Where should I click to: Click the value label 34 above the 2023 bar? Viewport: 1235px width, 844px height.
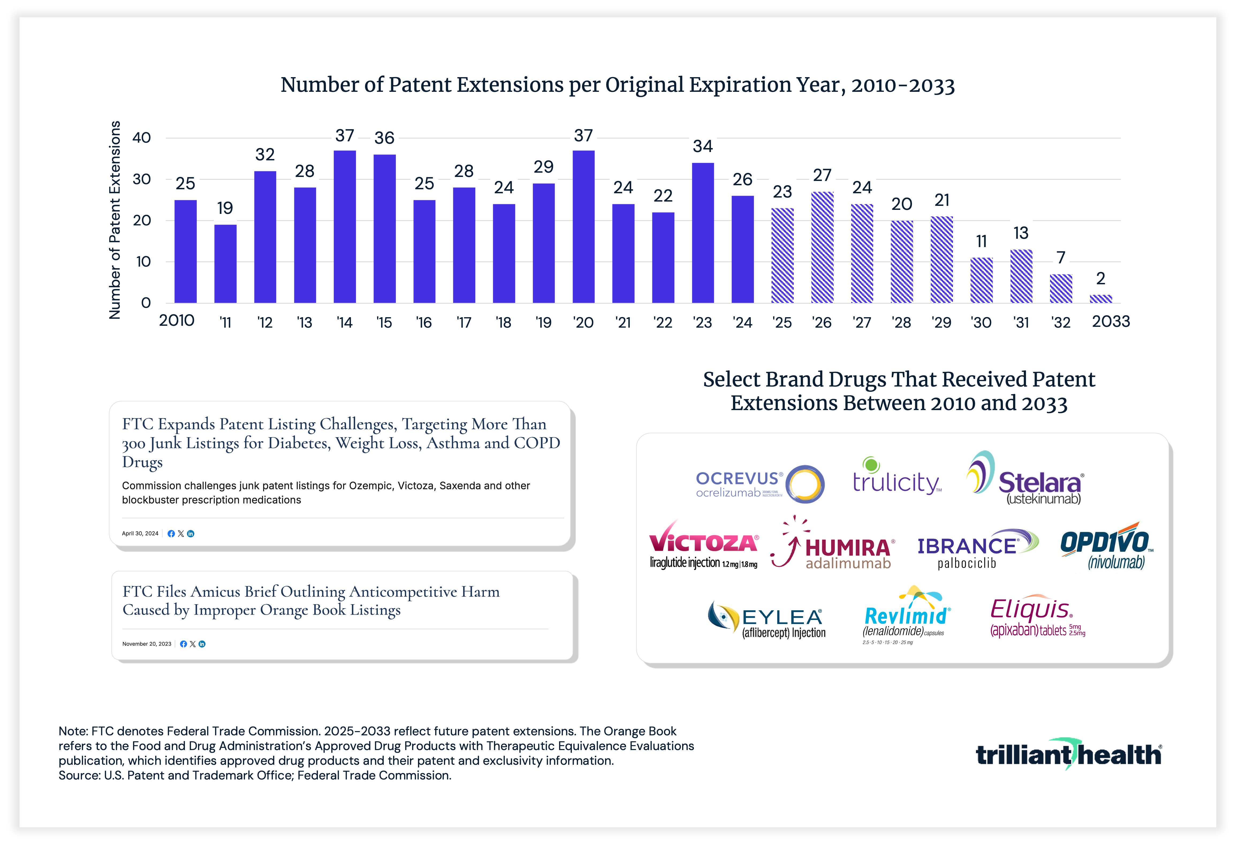click(702, 146)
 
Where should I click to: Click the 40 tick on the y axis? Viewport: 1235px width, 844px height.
click(141, 138)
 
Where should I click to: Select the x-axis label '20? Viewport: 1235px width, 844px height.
click(583, 323)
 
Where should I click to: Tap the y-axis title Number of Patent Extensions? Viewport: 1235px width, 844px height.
click(115, 220)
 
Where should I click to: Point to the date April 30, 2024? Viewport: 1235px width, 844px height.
click(140, 533)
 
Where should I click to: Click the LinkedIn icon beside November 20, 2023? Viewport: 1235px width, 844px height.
click(202, 644)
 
